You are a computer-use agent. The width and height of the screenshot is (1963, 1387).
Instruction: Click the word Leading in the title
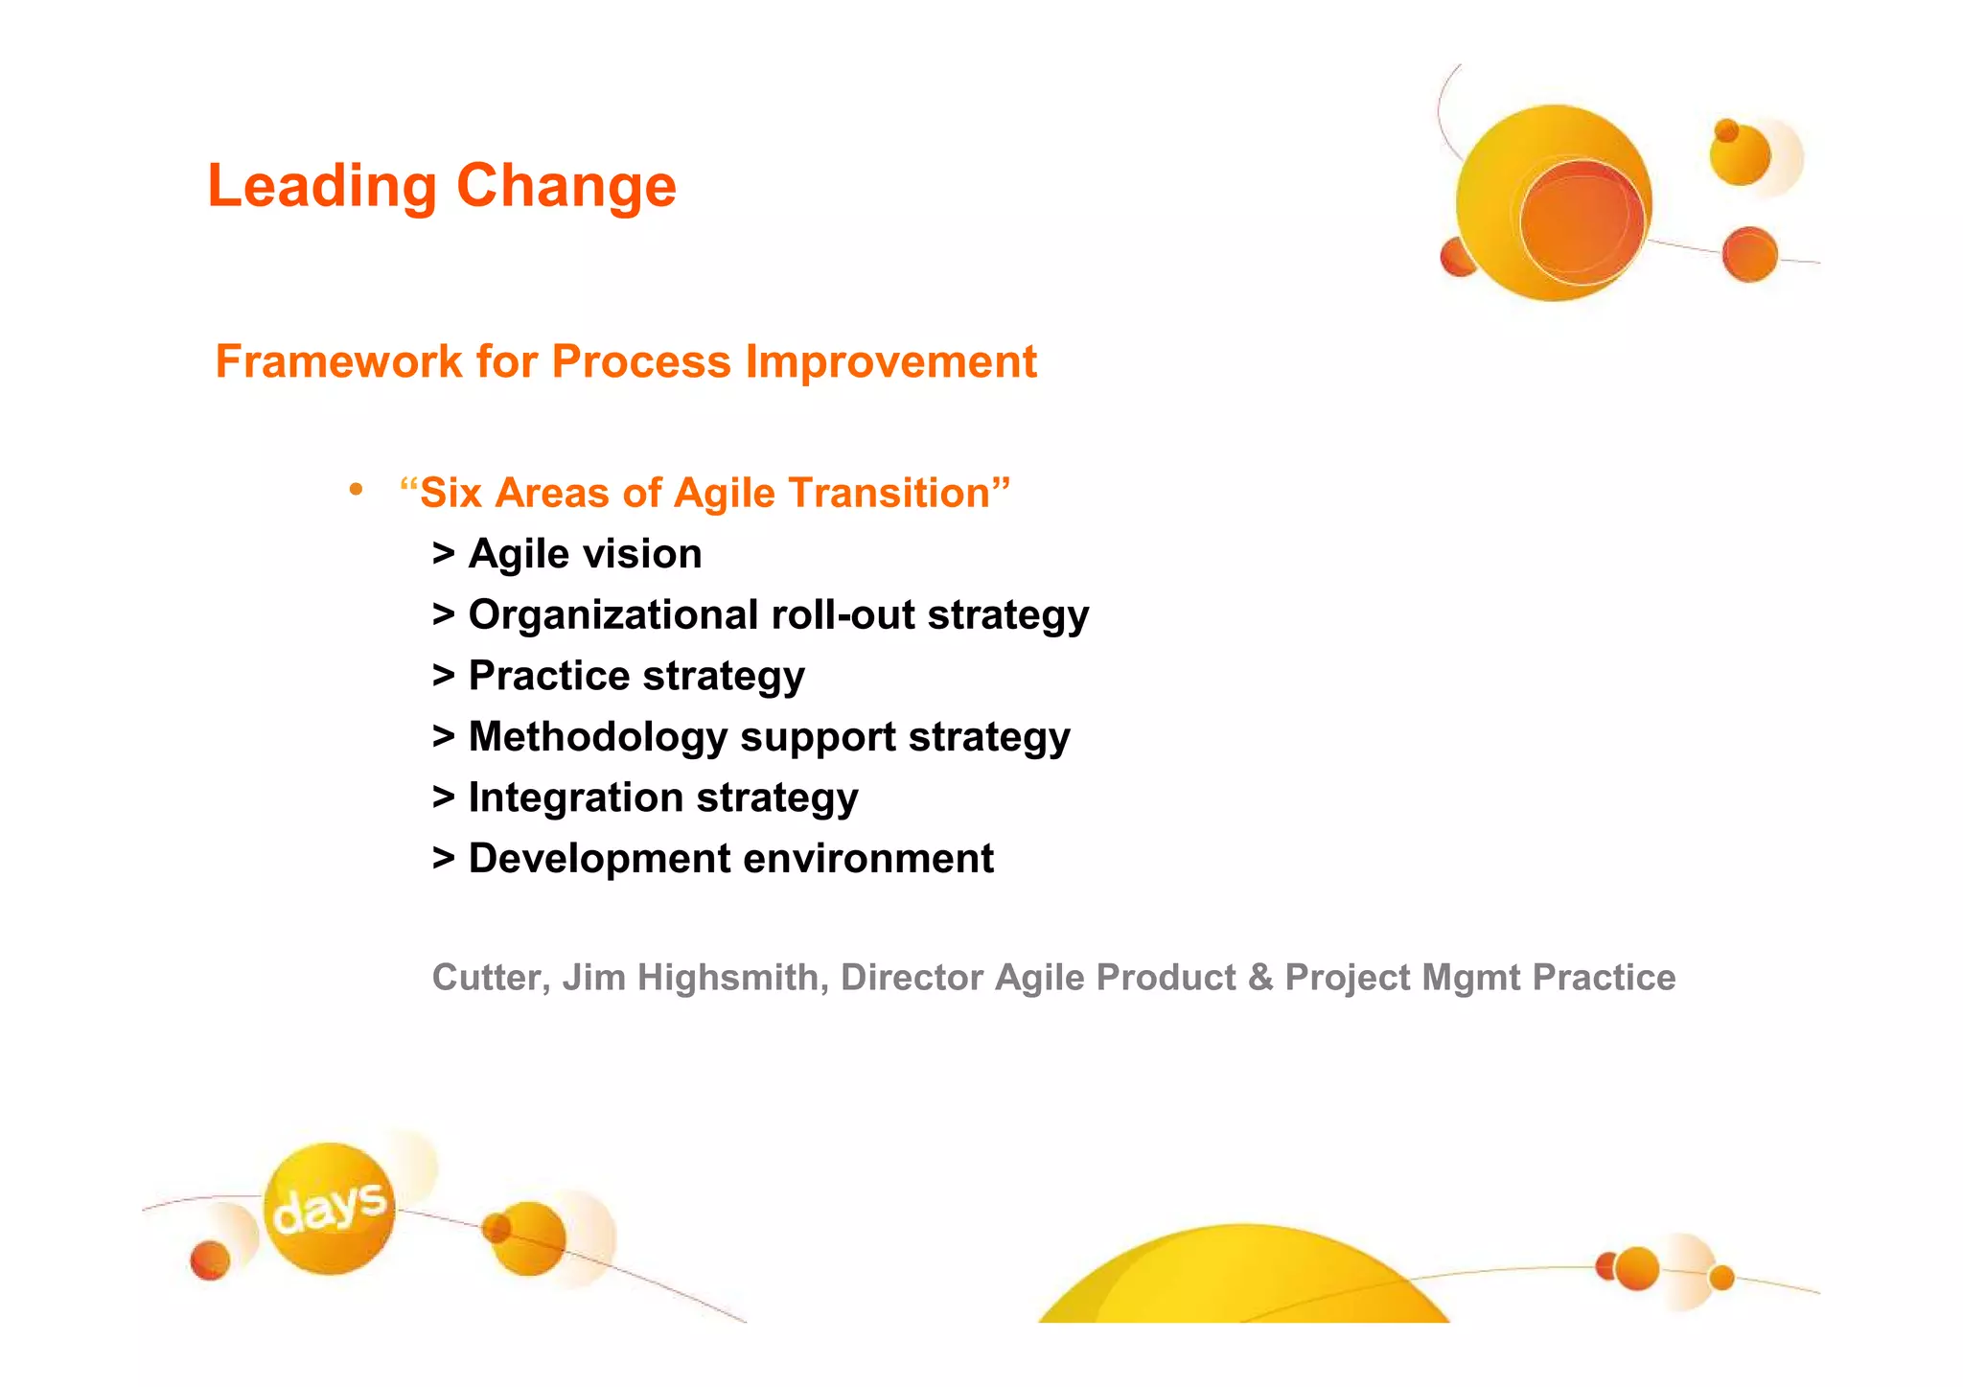(x=322, y=186)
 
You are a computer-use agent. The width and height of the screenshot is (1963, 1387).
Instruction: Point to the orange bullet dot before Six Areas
(x=356, y=490)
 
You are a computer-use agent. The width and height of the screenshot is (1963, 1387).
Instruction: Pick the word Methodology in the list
(x=598, y=737)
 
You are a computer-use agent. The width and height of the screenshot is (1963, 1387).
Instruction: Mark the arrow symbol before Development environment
(x=443, y=859)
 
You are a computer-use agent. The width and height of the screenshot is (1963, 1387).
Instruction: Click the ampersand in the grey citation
(x=1259, y=978)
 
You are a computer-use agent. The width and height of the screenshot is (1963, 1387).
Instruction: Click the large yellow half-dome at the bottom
(x=1242, y=1280)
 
